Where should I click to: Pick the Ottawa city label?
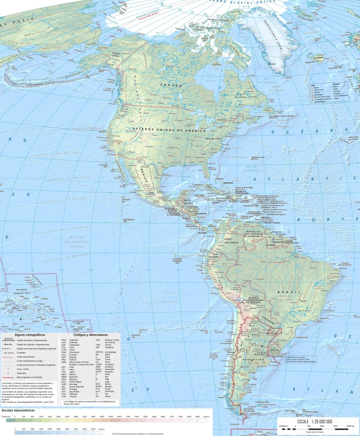tap(220, 120)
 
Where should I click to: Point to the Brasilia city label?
tap(304, 301)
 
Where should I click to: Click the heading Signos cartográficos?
tap(30, 335)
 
